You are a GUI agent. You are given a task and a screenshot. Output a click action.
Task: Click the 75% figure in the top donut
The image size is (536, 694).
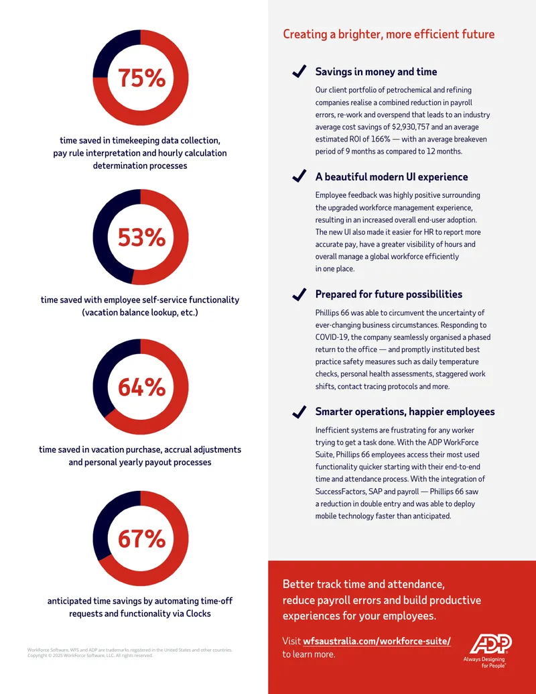tap(141, 78)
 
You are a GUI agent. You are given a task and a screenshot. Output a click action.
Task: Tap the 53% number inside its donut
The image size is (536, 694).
tap(141, 237)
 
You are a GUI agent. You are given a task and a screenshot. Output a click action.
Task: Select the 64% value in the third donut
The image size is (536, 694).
tap(141, 388)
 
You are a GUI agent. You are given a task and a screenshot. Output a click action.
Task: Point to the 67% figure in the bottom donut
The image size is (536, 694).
tap(141, 538)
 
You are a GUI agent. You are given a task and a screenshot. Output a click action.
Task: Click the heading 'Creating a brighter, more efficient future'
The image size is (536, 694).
tap(389, 34)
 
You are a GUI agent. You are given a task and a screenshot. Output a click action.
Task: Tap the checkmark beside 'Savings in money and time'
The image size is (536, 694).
tap(299, 71)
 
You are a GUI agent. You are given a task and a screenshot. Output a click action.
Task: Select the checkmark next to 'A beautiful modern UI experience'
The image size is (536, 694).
tap(299, 176)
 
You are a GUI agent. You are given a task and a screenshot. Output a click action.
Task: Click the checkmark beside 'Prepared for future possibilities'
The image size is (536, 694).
tap(299, 294)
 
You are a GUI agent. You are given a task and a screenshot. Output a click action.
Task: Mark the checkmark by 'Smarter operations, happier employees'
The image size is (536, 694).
tap(299, 412)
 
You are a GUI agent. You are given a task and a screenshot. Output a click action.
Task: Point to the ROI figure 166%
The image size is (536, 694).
tap(381, 139)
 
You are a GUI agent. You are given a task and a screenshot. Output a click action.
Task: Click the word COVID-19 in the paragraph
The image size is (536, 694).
tap(332, 337)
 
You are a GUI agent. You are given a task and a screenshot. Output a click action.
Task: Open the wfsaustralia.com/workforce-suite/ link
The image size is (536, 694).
tap(377, 641)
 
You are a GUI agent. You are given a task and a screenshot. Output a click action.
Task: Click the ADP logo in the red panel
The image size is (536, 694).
tap(490, 644)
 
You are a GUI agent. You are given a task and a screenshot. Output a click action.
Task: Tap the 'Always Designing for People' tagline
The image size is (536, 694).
tap(484, 662)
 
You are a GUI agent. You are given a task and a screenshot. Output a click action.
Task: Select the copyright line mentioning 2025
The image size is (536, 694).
tap(90, 656)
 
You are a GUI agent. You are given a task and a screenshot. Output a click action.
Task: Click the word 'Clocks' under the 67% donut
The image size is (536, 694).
tap(198, 614)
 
